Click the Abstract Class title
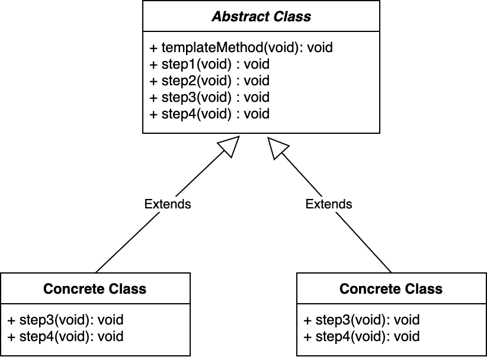pyautogui.click(x=261, y=17)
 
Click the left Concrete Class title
pyautogui.click(x=95, y=289)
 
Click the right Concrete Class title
pyautogui.click(x=391, y=289)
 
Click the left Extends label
pyautogui.click(x=168, y=204)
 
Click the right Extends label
pyautogui.click(x=329, y=204)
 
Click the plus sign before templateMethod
pyautogui.click(x=153, y=48)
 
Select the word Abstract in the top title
pyautogui.click(x=236, y=17)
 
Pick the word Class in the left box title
pyautogui.click(x=129, y=289)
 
